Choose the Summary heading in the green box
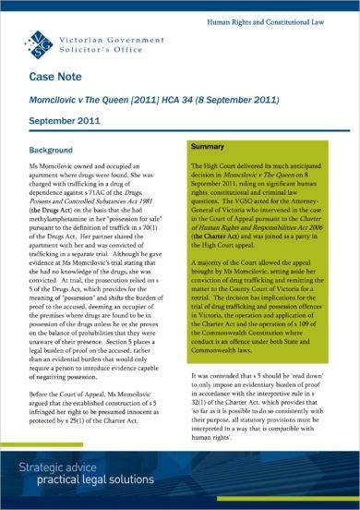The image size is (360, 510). pyautogui.click(x=212, y=146)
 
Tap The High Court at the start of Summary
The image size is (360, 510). pyautogui.click(x=214, y=164)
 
